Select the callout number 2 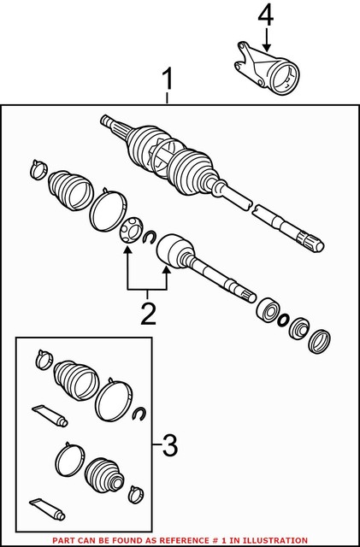pos(149,314)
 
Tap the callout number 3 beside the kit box pos(169,444)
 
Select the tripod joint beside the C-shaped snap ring pos(131,232)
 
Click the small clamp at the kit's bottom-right pos(133,493)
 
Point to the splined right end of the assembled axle pos(308,241)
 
